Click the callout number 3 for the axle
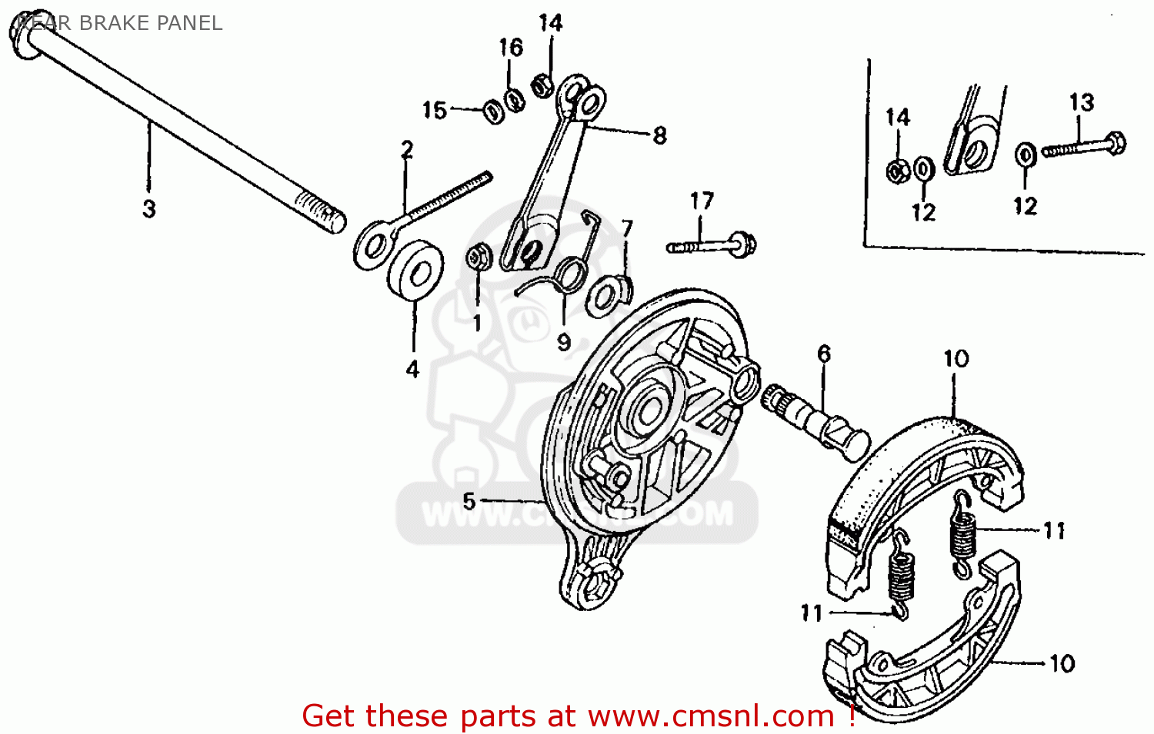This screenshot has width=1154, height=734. pos(149,208)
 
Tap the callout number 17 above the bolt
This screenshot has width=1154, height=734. pos(701,201)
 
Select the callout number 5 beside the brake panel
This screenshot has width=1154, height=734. pos(469,501)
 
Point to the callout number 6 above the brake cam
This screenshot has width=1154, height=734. pos(824,354)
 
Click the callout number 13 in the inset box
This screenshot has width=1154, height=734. pos(1081,102)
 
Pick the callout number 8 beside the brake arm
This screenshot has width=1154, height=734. pos(659,136)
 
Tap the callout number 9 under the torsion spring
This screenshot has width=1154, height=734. pos(564,342)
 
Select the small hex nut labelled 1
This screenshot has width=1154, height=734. pos(477,257)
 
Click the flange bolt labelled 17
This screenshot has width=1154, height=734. pos(712,246)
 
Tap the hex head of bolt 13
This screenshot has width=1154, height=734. pos(1116,143)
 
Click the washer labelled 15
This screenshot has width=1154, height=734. pos(493,112)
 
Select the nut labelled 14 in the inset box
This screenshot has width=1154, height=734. pos(897,171)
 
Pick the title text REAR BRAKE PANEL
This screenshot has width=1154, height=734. pos(119,23)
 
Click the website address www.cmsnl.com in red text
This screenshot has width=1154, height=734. pos(711,716)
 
